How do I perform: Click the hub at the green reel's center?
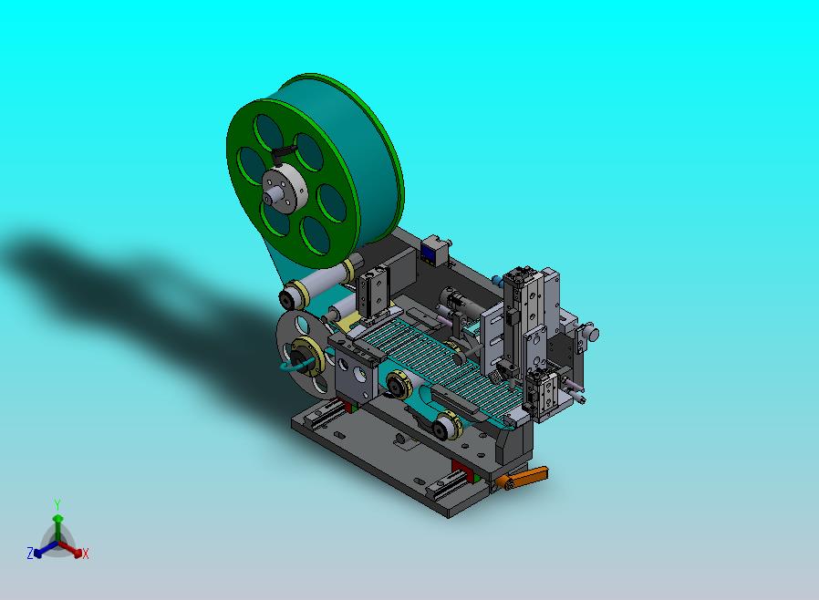(285, 188)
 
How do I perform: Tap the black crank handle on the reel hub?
(284, 152)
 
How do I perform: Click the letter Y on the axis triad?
(57, 505)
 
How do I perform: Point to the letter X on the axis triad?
(86, 553)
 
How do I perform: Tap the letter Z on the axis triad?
(30, 553)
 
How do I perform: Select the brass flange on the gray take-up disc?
(307, 357)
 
